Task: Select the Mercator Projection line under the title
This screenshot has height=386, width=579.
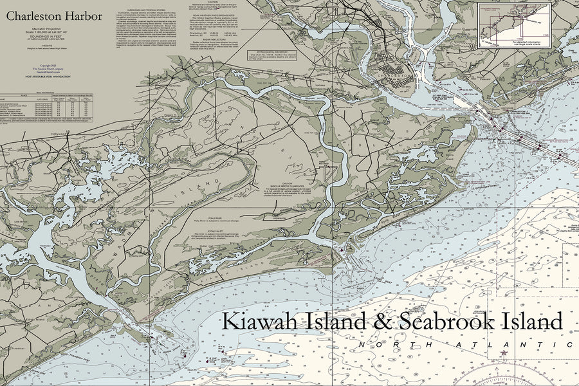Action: point(51,29)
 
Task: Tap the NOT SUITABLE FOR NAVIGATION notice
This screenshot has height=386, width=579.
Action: point(51,77)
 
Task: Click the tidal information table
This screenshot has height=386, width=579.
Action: point(51,109)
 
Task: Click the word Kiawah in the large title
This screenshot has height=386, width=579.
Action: point(258,320)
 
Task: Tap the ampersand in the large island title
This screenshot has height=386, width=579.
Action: point(383,320)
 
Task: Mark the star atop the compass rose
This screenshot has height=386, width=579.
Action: point(503,353)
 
